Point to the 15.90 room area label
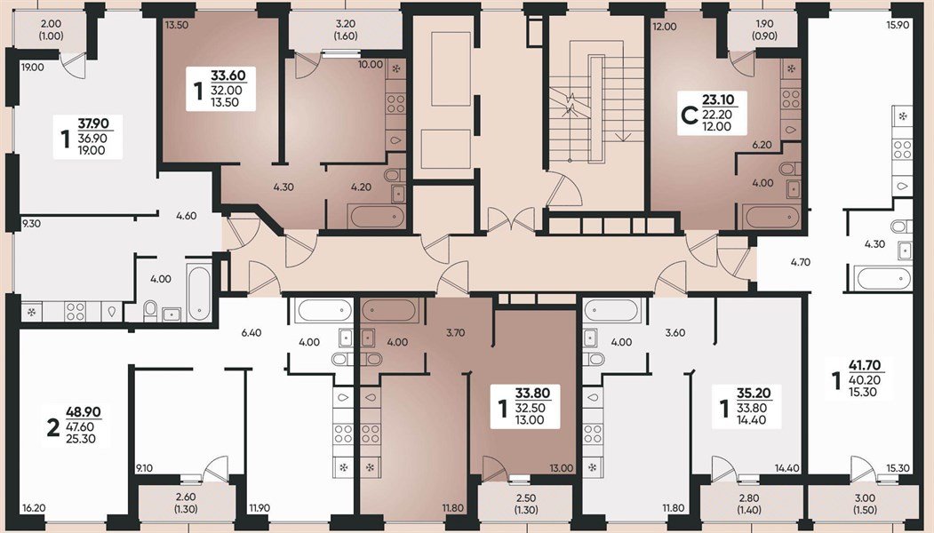point(898,25)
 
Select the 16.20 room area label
point(33,508)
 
